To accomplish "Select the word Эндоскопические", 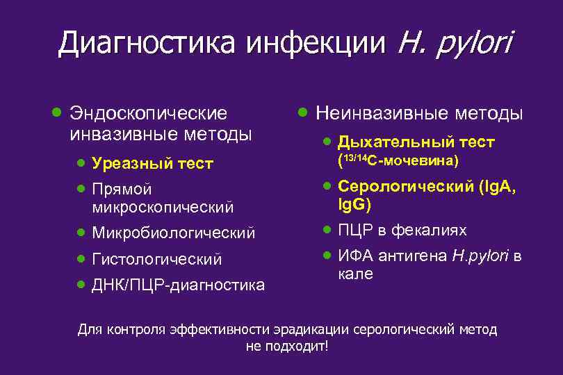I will [x=149, y=112].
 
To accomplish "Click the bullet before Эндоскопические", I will [x=56, y=112].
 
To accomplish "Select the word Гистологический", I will [x=157, y=259].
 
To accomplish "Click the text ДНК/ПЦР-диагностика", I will [x=178, y=285].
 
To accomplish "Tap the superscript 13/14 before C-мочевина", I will [x=353, y=158].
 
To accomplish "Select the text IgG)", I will [x=354, y=206].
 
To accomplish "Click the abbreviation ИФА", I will [x=354, y=256].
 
